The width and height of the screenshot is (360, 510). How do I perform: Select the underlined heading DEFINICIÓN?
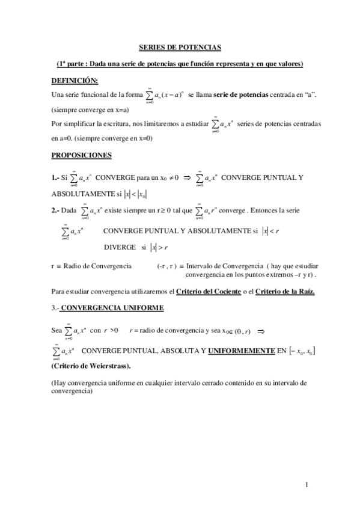(x=75, y=81)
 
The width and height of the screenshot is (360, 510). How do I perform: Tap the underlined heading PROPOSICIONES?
(x=82, y=155)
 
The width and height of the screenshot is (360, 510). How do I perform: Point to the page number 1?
(x=307, y=484)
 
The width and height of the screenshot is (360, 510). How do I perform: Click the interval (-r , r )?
(x=167, y=265)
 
